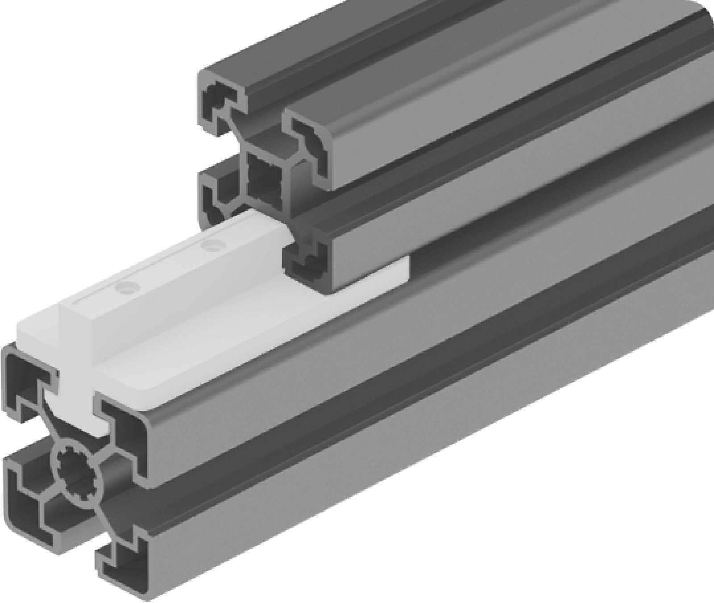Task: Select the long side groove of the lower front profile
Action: point(402,402)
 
